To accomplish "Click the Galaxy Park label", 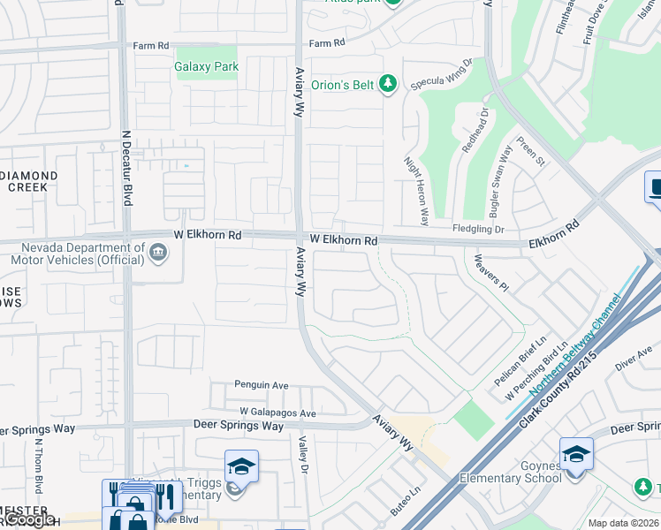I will [x=207, y=66].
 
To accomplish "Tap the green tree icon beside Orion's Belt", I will [x=387, y=84].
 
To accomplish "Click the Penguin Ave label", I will [x=262, y=385].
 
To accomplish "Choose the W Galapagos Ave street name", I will [x=277, y=413].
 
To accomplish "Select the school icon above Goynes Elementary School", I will [x=575, y=455].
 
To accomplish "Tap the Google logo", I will [x=28, y=520].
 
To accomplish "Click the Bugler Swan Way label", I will [x=500, y=182].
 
